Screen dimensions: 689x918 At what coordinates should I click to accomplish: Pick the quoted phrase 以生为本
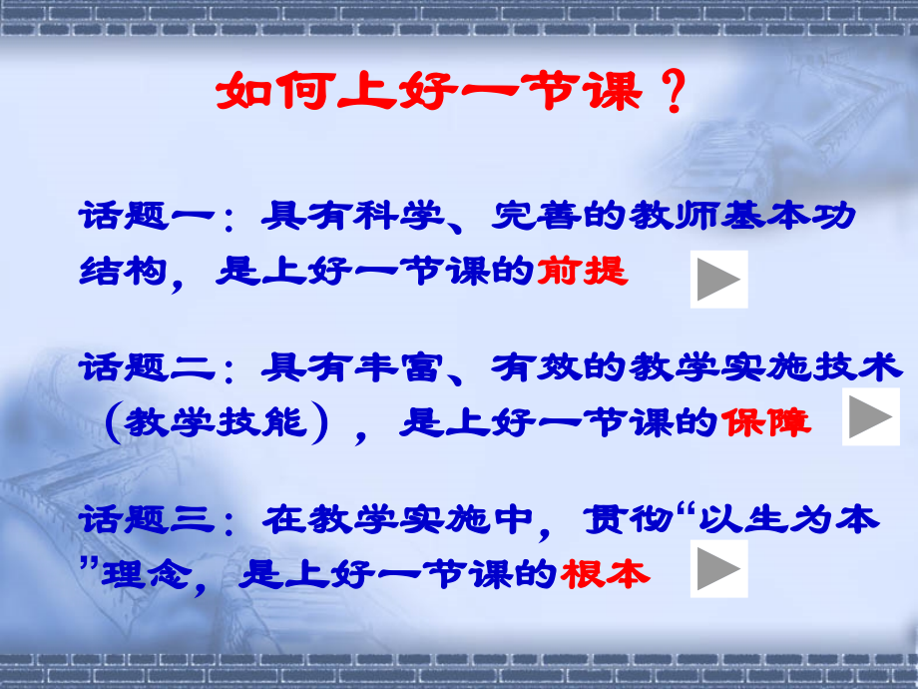click(787, 519)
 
